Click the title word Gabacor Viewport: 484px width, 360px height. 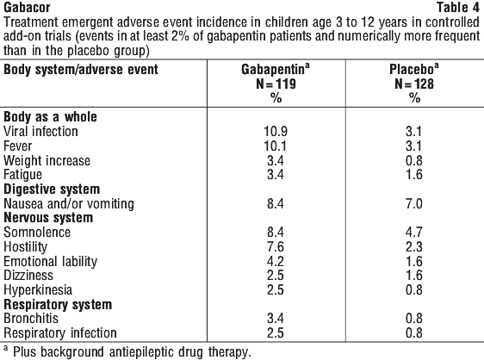27,8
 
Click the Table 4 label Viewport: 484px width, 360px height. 458,8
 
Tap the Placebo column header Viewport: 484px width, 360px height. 413,69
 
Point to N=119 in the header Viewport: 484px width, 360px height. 276,84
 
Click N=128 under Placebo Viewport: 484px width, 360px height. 414,84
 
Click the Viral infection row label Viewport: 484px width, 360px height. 40,131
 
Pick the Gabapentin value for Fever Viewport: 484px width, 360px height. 275,146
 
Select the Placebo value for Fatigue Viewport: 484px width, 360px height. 414,175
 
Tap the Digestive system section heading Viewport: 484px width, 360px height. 52,189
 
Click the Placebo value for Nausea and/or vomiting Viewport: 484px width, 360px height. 414,203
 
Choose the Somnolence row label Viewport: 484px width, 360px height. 37,233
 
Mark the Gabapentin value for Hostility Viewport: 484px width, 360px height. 276,246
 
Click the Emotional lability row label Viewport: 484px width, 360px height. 50,261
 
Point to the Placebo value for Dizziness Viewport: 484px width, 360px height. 414,275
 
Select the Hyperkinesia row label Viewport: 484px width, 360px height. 38,289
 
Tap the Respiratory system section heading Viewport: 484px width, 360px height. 58,304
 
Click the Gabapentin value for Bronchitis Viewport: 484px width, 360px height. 276,318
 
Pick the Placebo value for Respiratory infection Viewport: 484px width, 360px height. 414,332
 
